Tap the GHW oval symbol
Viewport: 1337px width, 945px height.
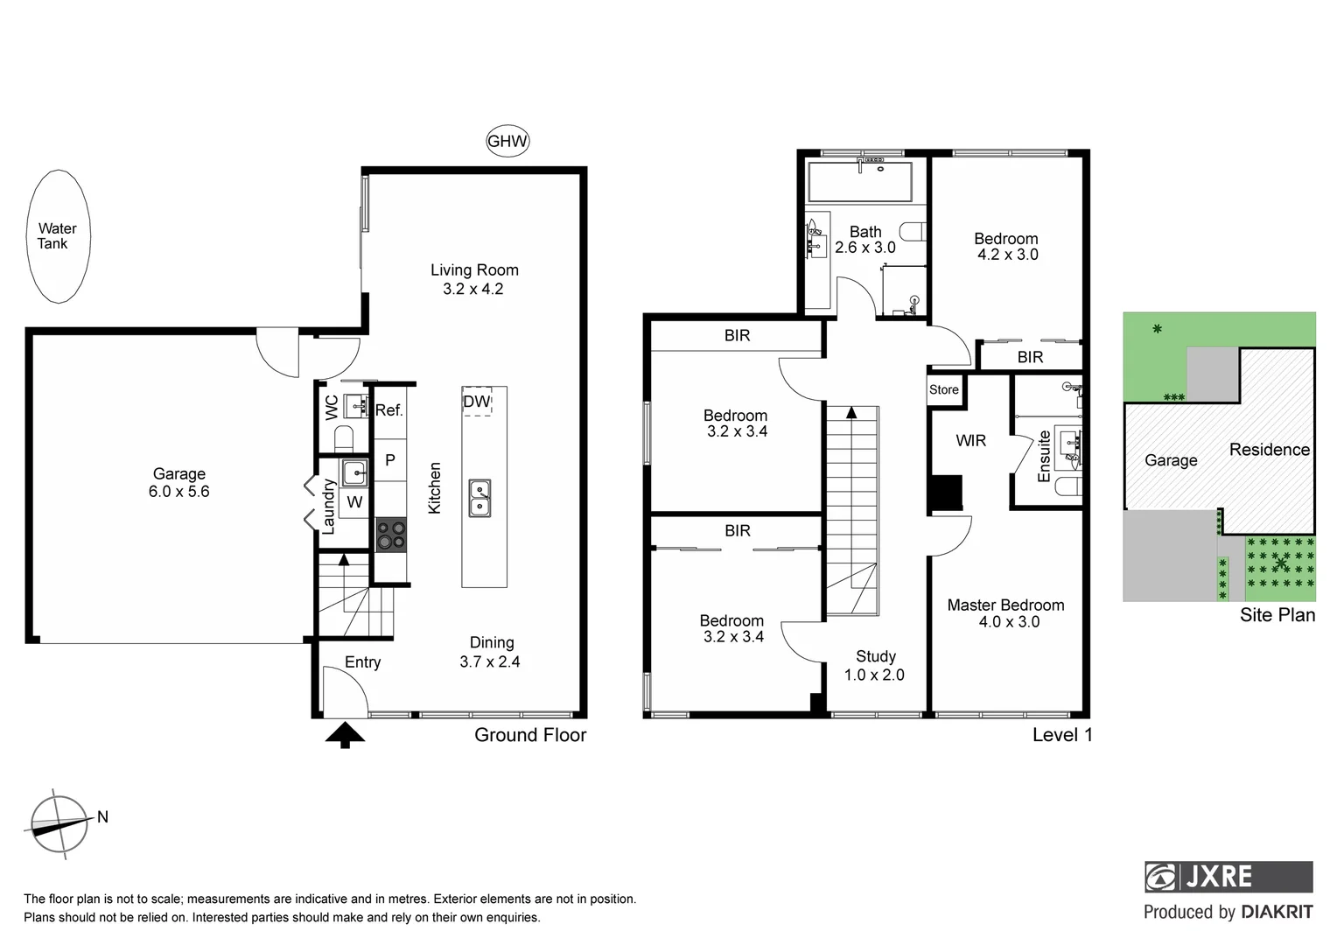click(x=507, y=141)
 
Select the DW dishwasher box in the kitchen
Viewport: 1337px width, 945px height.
click(x=477, y=402)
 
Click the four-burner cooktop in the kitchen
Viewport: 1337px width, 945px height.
click(x=391, y=535)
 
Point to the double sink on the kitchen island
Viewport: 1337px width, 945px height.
click(x=479, y=498)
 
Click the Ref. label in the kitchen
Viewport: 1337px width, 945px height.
click(x=388, y=410)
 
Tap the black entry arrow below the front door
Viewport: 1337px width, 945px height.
click(x=345, y=734)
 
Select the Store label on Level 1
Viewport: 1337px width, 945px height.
click(x=944, y=389)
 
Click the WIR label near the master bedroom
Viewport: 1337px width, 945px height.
click(x=970, y=440)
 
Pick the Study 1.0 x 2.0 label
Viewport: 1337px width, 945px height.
click(x=875, y=665)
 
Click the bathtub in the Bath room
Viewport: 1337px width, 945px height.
click(x=859, y=182)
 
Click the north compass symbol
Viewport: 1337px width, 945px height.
click(x=59, y=823)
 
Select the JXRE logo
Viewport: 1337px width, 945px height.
click(x=1228, y=876)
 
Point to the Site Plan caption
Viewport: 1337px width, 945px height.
click(x=1277, y=615)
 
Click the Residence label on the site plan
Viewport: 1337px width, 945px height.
click(x=1269, y=450)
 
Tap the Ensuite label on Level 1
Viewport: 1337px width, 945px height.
click(x=1044, y=456)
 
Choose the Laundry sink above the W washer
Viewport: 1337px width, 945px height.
click(x=353, y=472)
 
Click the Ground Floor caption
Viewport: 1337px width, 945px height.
click(x=530, y=735)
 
